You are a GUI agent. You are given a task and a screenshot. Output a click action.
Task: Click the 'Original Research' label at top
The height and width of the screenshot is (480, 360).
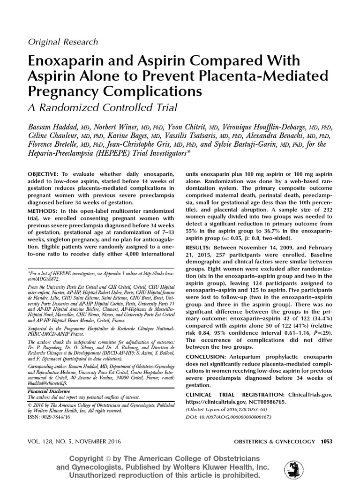click(x=63, y=42)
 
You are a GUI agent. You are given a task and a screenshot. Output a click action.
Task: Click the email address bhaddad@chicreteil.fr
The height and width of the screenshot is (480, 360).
click(x=52, y=382)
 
